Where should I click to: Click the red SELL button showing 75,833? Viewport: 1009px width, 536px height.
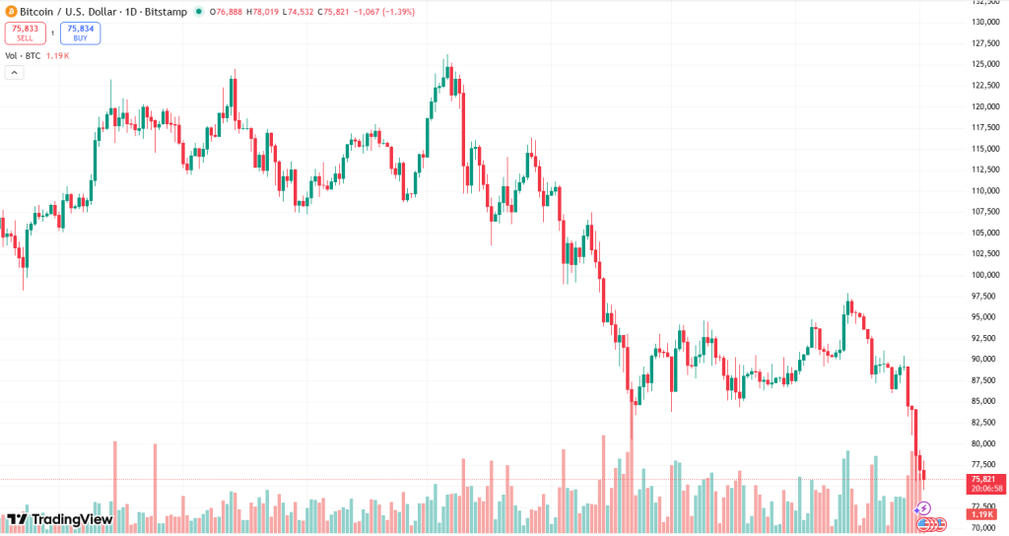click(x=26, y=33)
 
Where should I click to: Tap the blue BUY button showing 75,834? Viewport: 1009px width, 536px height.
click(x=80, y=33)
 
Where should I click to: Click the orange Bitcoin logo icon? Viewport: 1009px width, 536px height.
click(x=11, y=11)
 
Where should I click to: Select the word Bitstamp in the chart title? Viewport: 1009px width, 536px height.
click(x=167, y=12)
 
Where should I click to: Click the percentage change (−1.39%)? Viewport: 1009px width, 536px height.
click(x=395, y=12)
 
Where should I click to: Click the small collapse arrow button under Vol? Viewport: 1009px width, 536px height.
click(x=15, y=73)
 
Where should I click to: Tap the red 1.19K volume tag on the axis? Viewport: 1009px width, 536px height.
click(x=981, y=514)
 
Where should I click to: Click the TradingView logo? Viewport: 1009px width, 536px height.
click(x=60, y=519)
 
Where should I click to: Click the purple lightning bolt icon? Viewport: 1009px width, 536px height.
click(x=923, y=508)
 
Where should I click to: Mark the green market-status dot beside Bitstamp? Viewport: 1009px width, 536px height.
click(x=200, y=12)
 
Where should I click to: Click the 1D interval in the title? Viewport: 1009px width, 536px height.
click(x=130, y=12)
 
